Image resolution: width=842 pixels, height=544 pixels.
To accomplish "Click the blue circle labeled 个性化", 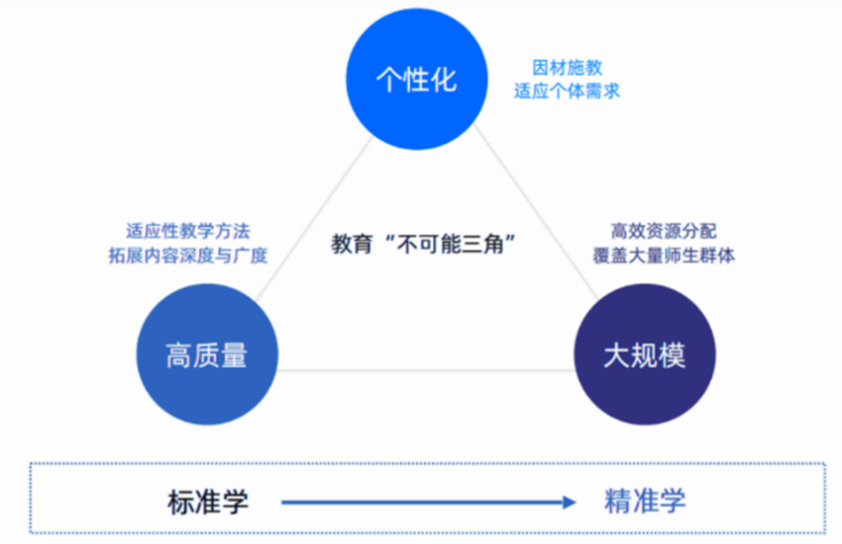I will tap(417, 79).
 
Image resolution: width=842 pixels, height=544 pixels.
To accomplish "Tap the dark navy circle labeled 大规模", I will tap(644, 354).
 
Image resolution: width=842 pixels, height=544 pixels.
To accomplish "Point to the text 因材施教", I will tap(567, 69).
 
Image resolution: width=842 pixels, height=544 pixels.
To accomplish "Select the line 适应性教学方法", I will tap(189, 231).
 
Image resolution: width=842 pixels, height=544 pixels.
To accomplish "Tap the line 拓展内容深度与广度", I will tap(189, 255).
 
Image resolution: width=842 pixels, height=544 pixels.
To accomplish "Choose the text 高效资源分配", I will tap(664, 231).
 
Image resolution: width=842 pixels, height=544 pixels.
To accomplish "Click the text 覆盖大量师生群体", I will tap(664, 255).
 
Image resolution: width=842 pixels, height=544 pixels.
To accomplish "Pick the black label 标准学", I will tap(208, 502).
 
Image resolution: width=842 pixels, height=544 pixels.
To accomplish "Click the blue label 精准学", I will tap(645, 502).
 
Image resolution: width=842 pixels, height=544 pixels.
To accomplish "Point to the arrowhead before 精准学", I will tap(570, 502).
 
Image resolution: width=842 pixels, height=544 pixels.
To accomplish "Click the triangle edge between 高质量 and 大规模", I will tap(425, 370).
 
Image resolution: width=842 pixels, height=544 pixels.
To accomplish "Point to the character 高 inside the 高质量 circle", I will tap(179, 355).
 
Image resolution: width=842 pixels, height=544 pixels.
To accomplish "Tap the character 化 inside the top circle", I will tap(444, 80).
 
